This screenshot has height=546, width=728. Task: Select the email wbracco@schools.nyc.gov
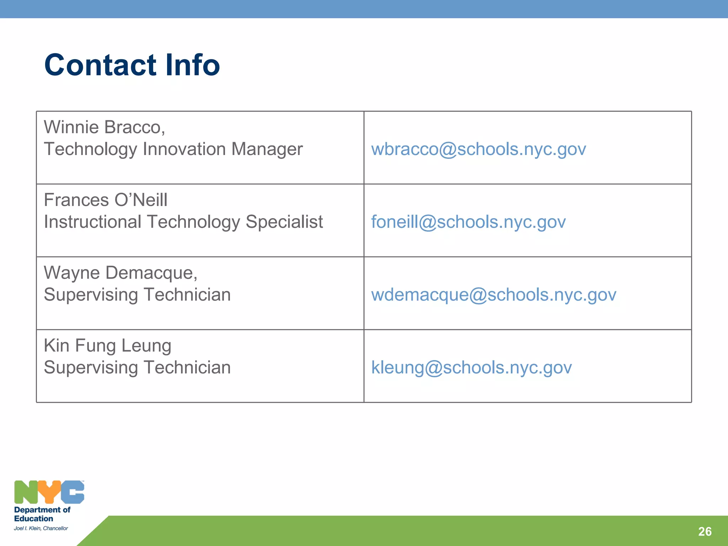478,149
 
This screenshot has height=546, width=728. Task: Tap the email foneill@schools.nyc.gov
468,222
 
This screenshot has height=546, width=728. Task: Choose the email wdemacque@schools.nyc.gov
493,295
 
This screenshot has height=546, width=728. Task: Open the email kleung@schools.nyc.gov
471,368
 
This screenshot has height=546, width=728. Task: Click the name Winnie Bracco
104,127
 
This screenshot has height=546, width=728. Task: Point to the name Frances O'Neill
106,200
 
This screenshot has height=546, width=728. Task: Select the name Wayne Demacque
120,273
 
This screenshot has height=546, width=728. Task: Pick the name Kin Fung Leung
107,346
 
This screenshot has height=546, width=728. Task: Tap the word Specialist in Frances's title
284,222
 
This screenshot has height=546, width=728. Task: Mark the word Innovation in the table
184,149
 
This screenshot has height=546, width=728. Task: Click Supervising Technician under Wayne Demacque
137,295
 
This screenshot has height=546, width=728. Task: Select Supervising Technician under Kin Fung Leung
137,368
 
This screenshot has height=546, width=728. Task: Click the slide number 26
705,531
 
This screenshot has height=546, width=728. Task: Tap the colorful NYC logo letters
49,492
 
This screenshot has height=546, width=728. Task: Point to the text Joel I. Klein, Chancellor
41,528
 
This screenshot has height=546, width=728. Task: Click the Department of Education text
42,514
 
